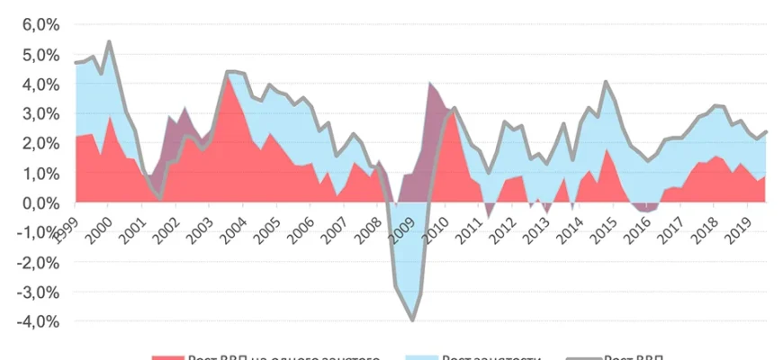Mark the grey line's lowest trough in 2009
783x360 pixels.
click(412, 319)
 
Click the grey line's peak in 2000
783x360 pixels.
click(109, 41)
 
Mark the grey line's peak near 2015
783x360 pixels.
click(606, 82)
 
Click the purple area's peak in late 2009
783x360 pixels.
click(431, 84)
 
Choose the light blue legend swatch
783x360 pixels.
click(422, 356)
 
